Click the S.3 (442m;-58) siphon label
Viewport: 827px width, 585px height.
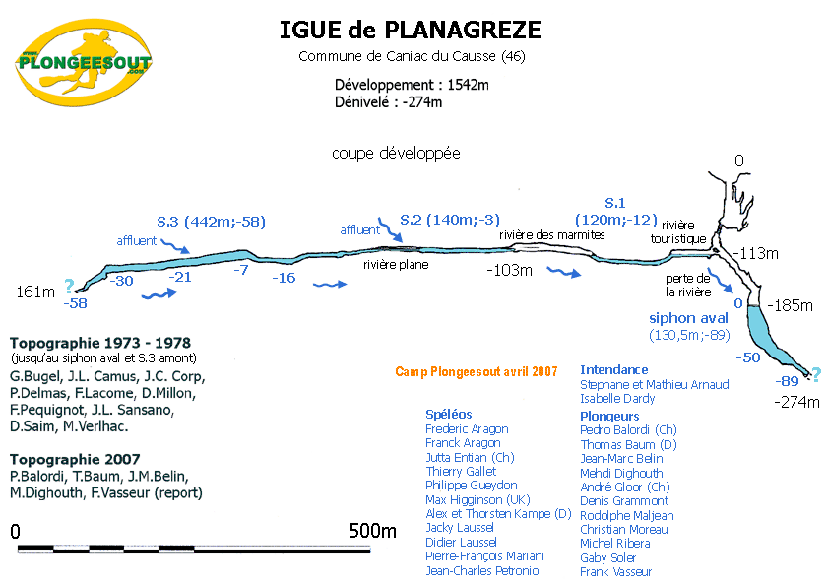coord(212,221)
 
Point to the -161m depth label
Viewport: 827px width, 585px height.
coord(31,292)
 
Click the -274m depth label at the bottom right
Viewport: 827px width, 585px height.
coord(797,401)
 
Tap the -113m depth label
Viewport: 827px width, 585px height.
coord(758,253)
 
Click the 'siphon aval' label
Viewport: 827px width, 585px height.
coord(688,318)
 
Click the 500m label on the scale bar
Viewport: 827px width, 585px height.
coord(373,532)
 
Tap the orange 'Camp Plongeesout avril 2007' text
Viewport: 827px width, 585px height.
coord(477,371)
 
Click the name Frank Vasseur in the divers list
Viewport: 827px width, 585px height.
coord(616,571)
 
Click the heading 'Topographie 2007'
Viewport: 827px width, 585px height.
coord(75,459)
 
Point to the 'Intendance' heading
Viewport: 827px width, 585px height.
coord(614,369)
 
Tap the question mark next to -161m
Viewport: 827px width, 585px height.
coord(68,287)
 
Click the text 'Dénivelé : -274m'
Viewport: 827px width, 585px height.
coord(388,100)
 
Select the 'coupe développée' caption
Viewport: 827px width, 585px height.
coord(396,154)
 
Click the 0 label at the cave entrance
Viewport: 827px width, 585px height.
coord(739,161)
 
